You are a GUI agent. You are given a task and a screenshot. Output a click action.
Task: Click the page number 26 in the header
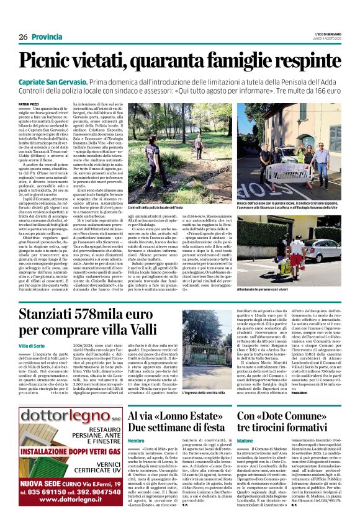pyautogui.click(x=23, y=37)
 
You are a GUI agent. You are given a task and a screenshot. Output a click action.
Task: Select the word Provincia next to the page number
pyautogui.click(x=48, y=37)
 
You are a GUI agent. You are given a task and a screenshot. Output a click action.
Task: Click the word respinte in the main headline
pyautogui.click(x=303, y=60)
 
